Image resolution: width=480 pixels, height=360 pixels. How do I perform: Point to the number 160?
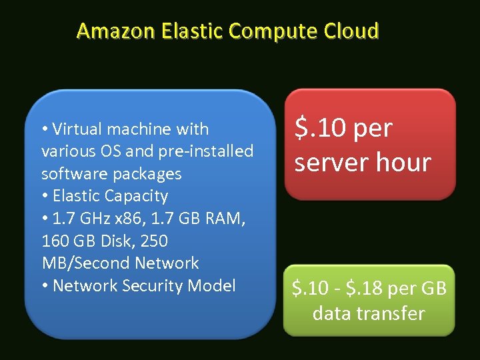click(x=55, y=241)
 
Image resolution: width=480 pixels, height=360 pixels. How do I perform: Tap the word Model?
click(x=211, y=285)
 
